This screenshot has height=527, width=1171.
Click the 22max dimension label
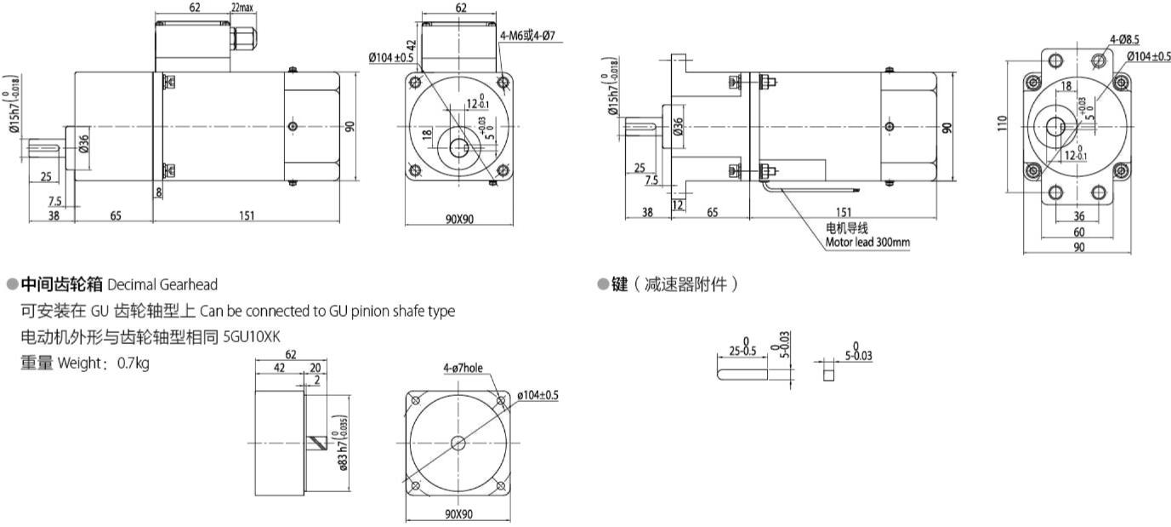pyautogui.click(x=242, y=8)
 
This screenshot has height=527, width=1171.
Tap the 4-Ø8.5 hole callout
pyautogui.click(x=1125, y=38)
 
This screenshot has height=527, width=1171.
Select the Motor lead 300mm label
pyautogui.click(x=867, y=242)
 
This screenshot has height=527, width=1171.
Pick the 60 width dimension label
pyautogui.click(x=1078, y=232)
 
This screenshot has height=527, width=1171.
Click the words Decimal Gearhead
pyautogui.click(x=162, y=284)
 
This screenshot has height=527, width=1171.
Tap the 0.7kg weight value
pyautogui.click(x=134, y=364)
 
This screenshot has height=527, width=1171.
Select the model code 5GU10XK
pyautogui.click(x=251, y=337)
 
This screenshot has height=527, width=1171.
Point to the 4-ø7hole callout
pyautogui.click(x=463, y=369)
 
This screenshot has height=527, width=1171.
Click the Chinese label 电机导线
pyautogui.click(x=847, y=228)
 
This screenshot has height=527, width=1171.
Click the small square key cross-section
pyautogui.click(x=828, y=373)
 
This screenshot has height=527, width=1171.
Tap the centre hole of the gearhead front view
pyautogui.click(x=459, y=443)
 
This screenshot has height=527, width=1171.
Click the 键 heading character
pyautogui.click(x=619, y=284)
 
